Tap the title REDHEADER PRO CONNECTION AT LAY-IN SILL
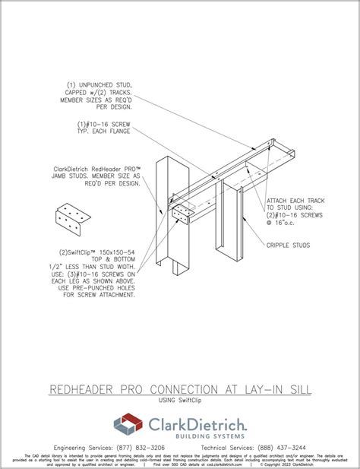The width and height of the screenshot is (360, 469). pyautogui.click(x=180, y=389)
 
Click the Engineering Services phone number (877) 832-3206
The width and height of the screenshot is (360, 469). pyautogui.click(x=143, y=448)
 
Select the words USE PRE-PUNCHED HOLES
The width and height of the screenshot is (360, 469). pyautogui.click(x=97, y=287)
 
